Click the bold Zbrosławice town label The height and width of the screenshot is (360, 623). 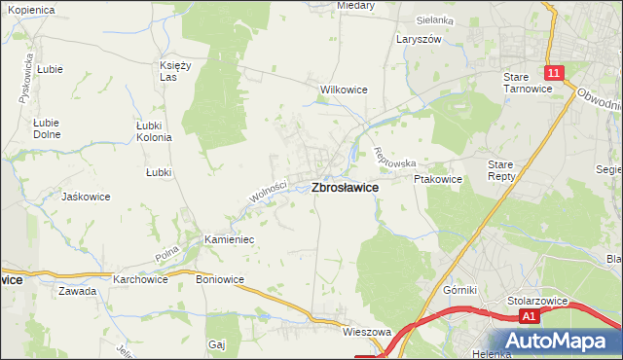point(345,189)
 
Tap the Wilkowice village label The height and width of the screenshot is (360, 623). point(344,90)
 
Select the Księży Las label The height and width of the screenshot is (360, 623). point(176,71)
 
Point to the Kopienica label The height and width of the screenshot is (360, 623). point(29,8)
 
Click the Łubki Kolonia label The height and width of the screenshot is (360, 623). point(154,131)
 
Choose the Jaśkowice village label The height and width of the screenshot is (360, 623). point(86,196)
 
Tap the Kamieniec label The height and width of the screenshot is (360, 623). point(229,238)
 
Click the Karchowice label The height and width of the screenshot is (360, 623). point(140,279)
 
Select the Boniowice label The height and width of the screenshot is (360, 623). point(220,279)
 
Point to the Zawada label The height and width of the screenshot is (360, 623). point(77,291)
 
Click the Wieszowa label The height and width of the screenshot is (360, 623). point(366,332)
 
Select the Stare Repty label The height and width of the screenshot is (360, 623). point(506,172)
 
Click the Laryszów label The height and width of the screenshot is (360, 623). point(419,40)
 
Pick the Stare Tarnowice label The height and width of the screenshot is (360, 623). point(528,82)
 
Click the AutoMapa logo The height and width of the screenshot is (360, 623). point(559,342)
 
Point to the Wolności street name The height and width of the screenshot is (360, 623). point(268,187)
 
